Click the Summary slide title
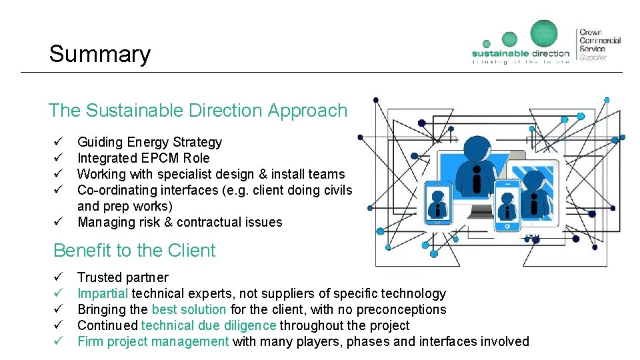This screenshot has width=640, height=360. [99, 54]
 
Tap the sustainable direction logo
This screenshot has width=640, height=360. [521, 43]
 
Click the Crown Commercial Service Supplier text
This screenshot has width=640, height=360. [599, 45]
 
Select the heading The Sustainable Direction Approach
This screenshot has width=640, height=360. [198, 111]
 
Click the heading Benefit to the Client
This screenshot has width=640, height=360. [134, 251]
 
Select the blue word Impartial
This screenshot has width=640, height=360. [103, 293]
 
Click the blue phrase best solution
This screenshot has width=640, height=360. [189, 309]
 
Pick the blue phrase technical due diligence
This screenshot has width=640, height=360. [208, 325]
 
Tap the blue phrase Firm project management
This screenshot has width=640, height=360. [153, 341]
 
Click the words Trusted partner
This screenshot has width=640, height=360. [123, 277]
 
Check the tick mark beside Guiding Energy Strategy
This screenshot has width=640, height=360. [59, 142]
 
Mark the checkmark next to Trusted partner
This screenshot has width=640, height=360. [59, 277]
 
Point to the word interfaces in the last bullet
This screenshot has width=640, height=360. [450, 341]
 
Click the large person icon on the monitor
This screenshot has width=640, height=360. [477, 163]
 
